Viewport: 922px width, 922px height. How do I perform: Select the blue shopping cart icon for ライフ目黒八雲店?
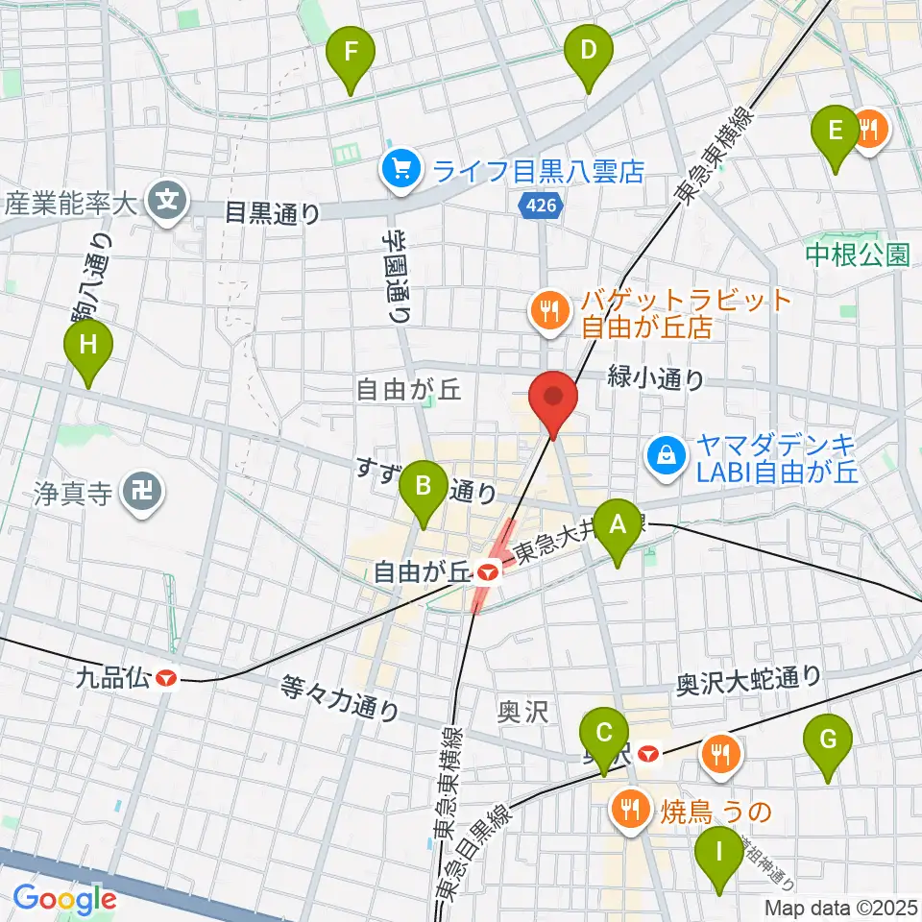(x=398, y=171)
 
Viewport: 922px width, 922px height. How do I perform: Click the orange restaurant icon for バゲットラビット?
(x=546, y=309)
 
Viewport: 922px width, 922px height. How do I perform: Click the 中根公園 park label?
(x=857, y=255)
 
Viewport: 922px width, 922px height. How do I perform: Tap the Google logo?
(x=64, y=899)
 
